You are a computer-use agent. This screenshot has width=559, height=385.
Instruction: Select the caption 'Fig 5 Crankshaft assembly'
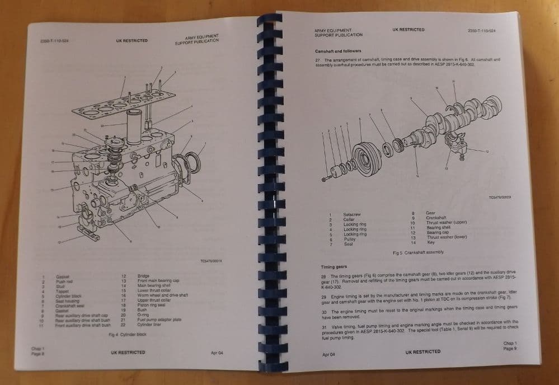tap(418, 252)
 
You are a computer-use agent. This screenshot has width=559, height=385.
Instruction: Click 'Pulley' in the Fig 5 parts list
tap(349, 238)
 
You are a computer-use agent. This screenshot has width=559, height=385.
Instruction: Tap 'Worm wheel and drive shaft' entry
tap(163, 294)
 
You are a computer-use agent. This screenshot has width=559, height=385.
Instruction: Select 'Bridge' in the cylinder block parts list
tap(144, 276)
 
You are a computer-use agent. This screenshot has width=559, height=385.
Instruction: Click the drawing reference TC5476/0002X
tap(500, 197)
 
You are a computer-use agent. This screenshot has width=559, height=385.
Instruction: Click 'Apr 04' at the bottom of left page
tap(217, 353)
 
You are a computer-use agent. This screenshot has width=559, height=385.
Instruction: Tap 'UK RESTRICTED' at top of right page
tap(408, 30)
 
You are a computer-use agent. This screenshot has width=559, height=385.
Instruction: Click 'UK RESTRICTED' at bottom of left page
tap(128, 353)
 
